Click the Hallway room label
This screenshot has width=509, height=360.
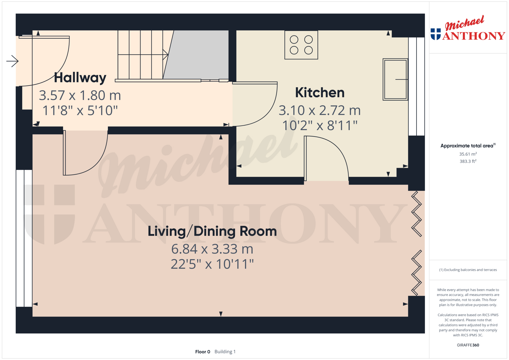click(80, 78)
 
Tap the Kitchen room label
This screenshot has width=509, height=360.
click(320, 92)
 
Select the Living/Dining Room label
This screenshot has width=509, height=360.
click(212, 231)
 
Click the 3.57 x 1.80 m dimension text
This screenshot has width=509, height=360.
click(80, 95)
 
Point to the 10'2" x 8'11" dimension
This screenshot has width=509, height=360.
click(320, 125)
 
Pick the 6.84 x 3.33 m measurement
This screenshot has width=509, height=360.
click(212, 249)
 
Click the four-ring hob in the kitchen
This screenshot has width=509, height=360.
click(301, 45)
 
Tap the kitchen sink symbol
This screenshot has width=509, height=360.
click(395, 79)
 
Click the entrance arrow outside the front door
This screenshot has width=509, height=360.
click(12, 61)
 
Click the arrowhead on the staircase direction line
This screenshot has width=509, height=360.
click(166, 55)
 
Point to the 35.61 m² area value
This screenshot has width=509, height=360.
click(468, 154)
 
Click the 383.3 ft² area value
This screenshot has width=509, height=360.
click(468, 161)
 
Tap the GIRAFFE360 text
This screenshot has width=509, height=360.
click(468, 345)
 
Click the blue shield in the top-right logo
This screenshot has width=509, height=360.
click(436, 34)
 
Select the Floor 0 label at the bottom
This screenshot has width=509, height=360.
click(203, 352)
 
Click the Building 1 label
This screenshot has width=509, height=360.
click(225, 352)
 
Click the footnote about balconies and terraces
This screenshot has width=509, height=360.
click(468, 270)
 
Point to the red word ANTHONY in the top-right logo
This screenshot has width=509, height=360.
click(474, 36)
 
